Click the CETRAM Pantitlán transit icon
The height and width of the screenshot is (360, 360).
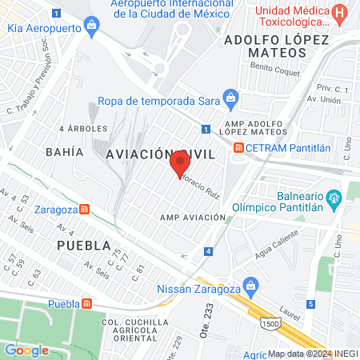point(238,148)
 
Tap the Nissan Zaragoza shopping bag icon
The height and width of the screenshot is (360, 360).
point(250,286)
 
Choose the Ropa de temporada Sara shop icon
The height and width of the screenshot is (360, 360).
point(230,101)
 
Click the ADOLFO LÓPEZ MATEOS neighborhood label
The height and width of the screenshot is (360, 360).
point(276,46)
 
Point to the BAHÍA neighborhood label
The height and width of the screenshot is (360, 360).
point(64,151)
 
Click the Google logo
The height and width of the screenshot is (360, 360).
point(26,350)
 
